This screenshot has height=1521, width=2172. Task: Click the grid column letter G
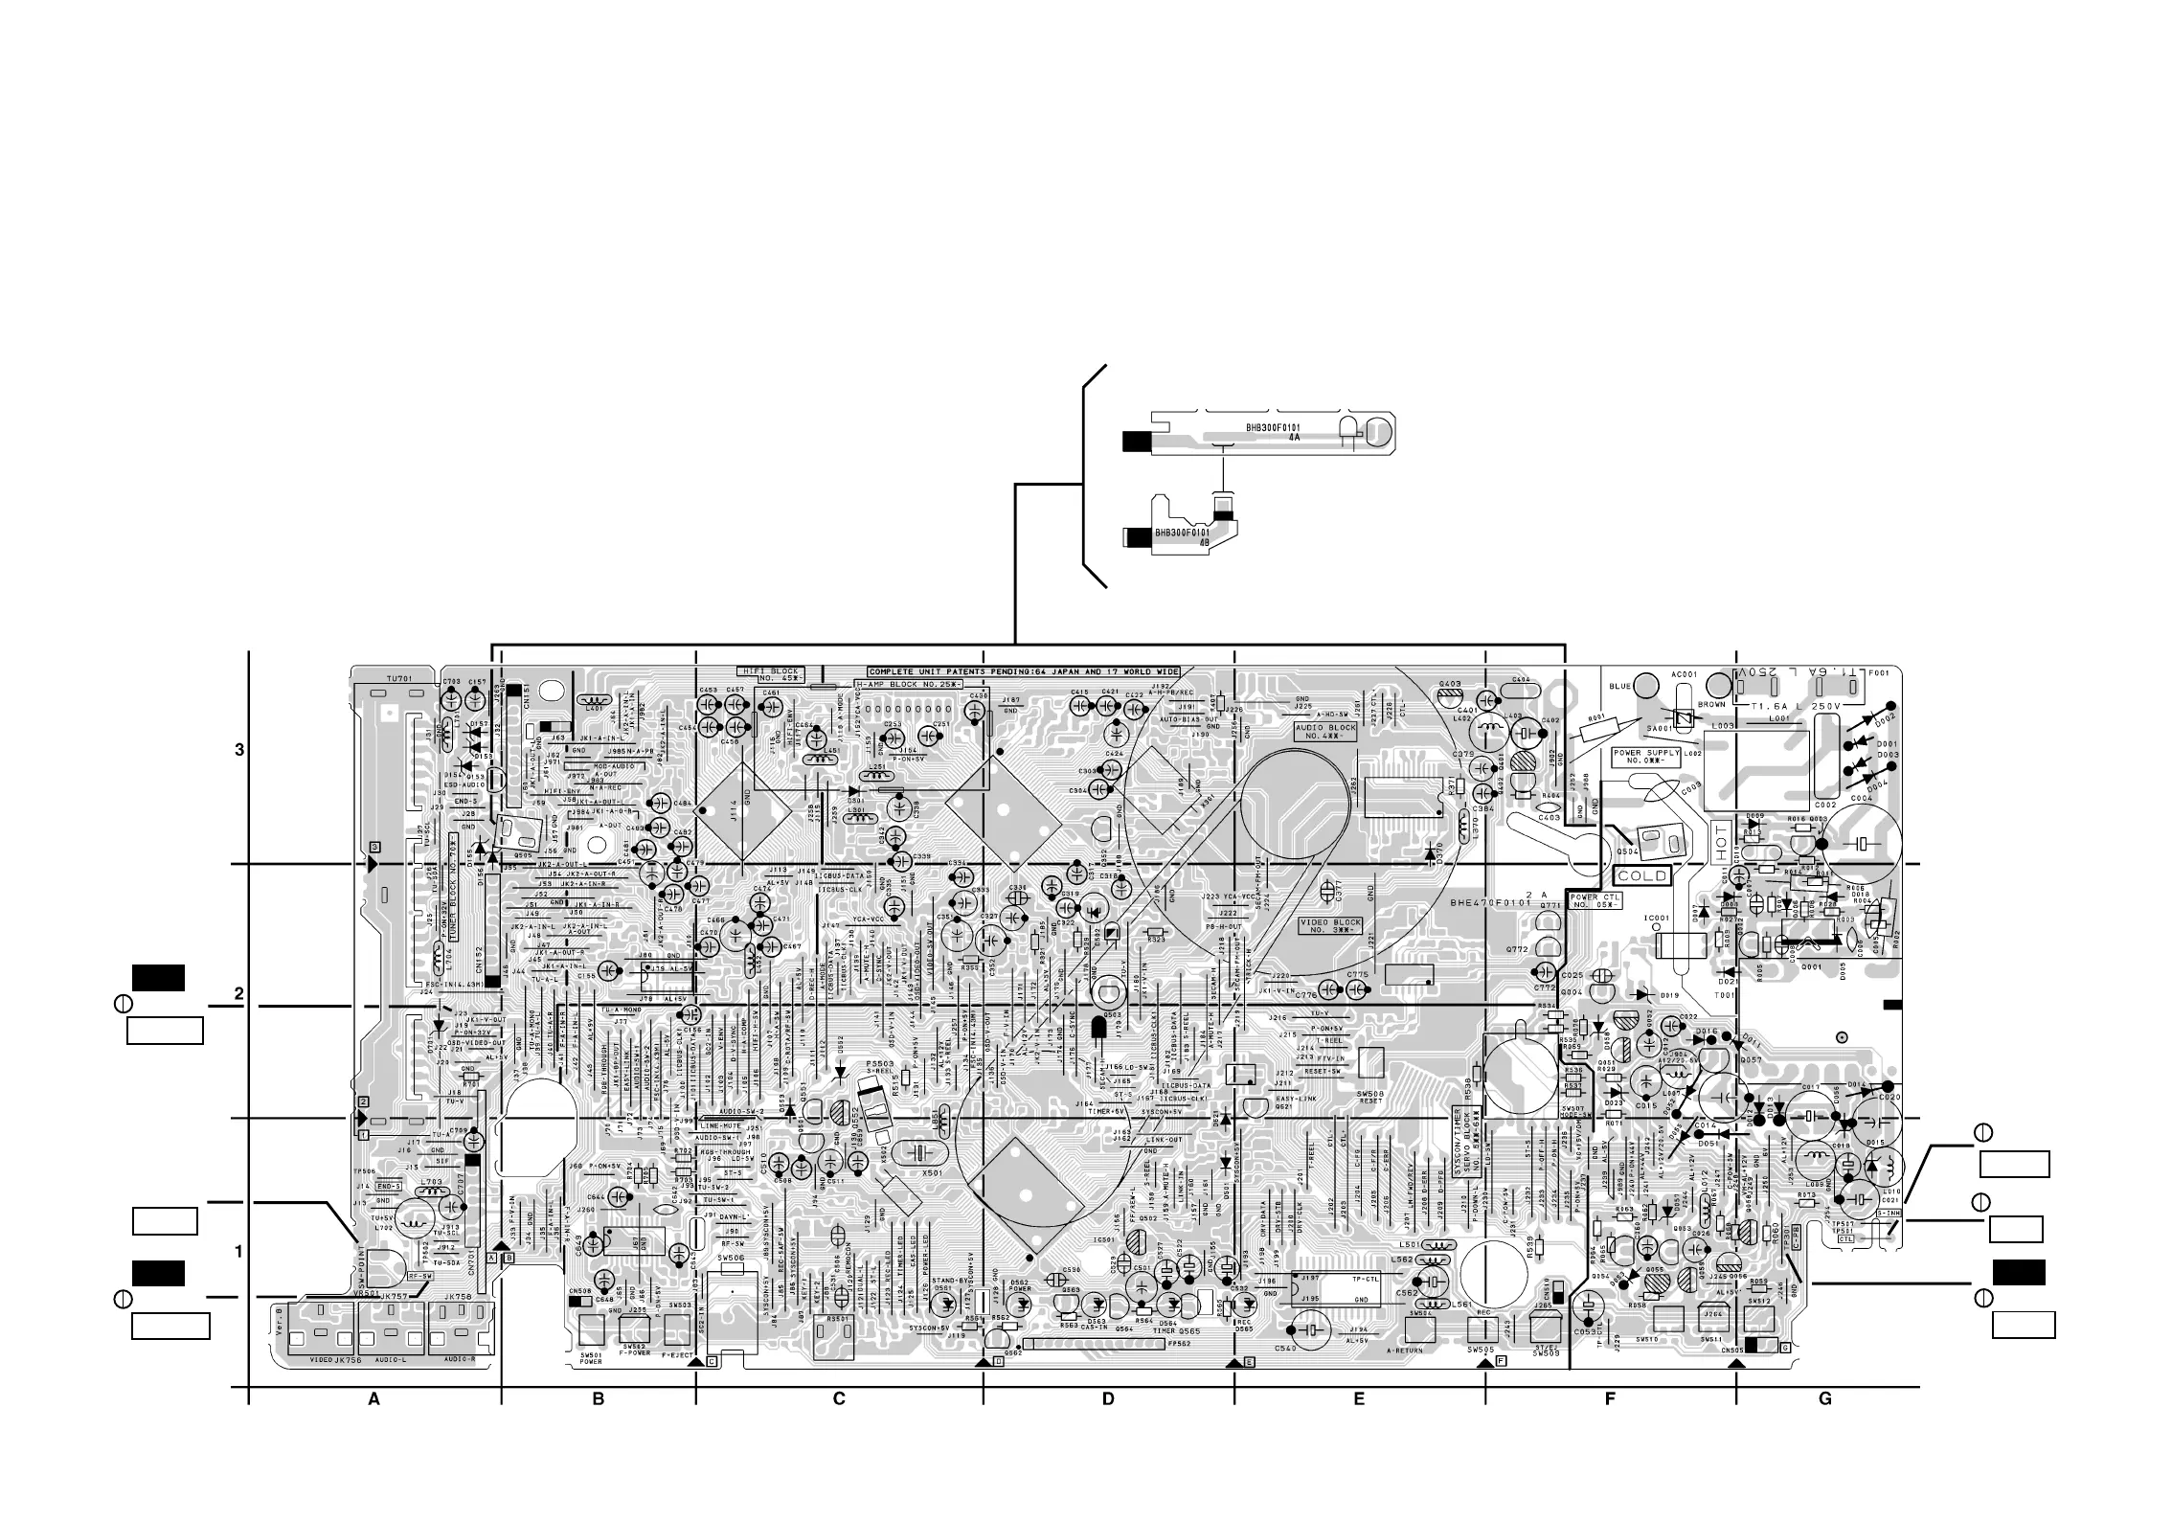1824,1399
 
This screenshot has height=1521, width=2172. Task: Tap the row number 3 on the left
239,750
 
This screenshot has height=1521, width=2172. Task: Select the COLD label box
1642,875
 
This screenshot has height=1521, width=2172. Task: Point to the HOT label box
1720,839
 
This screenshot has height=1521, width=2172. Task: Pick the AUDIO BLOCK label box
1325,734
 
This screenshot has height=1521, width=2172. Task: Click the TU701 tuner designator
398,678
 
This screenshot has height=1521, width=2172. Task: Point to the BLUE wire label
1619,686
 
